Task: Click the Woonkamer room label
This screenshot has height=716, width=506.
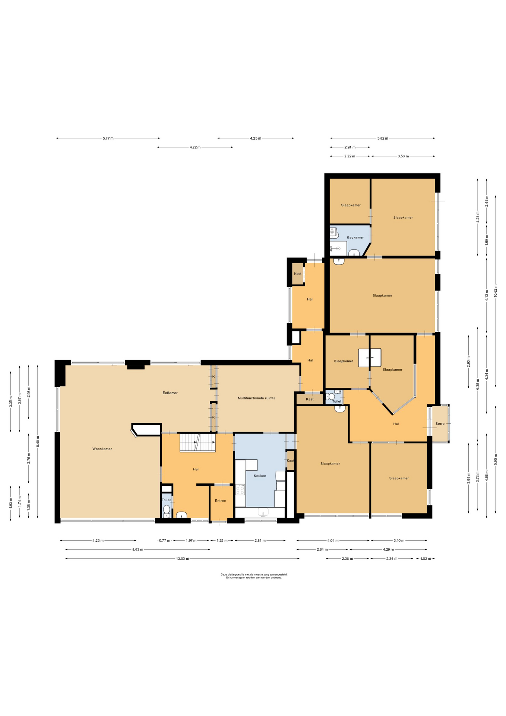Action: (x=102, y=449)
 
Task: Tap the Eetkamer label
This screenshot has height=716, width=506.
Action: (x=170, y=393)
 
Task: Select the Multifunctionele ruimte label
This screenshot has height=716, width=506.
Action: (x=257, y=398)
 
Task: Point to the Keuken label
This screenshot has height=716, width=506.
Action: (x=260, y=476)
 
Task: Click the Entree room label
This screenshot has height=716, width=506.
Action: (x=220, y=500)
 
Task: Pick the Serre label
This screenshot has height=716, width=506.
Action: (x=440, y=424)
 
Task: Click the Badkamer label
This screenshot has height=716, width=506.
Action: (x=355, y=238)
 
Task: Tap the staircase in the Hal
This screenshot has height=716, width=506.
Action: (x=198, y=443)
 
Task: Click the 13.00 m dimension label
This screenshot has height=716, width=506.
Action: (x=183, y=559)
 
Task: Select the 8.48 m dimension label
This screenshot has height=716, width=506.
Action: (x=38, y=442)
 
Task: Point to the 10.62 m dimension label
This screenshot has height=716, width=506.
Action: (x=496, y=291)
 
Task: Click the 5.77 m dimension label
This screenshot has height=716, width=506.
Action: (x=108, y=138)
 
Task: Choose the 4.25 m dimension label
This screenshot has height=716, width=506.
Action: (x=256, y=138)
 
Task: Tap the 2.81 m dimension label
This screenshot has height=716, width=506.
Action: (x=260, y=540)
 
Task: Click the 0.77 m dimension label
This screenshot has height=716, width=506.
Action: (x=164, y=540)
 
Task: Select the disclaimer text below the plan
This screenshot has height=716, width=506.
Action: (x=254, y=576)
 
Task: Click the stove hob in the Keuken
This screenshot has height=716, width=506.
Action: (x=240, y=490)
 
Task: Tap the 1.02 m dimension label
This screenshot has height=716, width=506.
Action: (x=425, y=559)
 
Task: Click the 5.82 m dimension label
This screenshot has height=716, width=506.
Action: (x=383, y=138)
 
